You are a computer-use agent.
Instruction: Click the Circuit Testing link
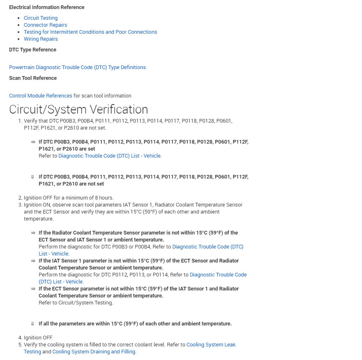pyautogui.click(x=40, y=18)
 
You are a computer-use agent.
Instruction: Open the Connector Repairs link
pyautogui.click(x=45, y=25)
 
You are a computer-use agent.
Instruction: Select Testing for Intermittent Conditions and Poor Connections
pyautogui.click(x=90, y=32)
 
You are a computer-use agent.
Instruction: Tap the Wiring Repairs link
pyautogui.click(x=40, y=39)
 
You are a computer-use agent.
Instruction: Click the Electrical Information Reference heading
pyautogui.click(x=46, y=7)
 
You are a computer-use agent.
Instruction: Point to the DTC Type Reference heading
pyautogui.click(x=32, y=50)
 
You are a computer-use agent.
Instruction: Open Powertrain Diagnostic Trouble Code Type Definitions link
pyautogui.click(x=77, y=67)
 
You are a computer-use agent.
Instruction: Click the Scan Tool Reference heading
pyautogui.click(x=33, y=78)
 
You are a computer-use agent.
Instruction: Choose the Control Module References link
pyautogui.click(x=40, y=96)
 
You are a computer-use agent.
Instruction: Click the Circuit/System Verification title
pyautogui.click(x=78, y=109)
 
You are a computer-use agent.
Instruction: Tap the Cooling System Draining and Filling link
pyautogui.click(x=93, y=352)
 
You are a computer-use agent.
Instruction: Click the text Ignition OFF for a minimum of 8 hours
pyautogui.click(x=68, y=198)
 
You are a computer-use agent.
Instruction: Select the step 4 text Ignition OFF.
pyautogui.click(x=38, y=338)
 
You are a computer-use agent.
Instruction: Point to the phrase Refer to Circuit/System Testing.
pyautogui.click(x=76, y=303)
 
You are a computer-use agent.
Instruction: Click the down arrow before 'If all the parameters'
pyautogui.click(x=32, y=324)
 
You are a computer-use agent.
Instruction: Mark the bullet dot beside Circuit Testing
pyautogui.click(x=19, y=18)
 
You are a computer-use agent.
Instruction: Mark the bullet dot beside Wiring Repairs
pyautogui.click(x=19, y=39)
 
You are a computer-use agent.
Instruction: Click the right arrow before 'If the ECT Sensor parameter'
pyautogui.click(x=32, y=289)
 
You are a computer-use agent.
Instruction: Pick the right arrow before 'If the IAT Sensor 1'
pyautogui.click(x=32, y=261)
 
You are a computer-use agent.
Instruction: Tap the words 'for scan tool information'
pyautogui.click(x=102, y=96)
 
